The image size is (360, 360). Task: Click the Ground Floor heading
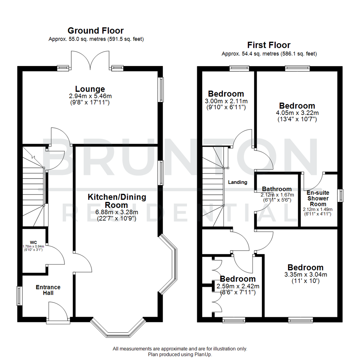point(96,31)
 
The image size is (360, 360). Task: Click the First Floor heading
point(269,45)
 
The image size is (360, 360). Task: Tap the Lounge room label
point(90,89)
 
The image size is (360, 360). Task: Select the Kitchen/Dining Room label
point(117,201)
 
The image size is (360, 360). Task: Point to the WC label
point(33,242)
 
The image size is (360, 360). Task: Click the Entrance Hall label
point(48,290)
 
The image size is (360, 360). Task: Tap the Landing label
point(237,182)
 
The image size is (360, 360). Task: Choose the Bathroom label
point(277,189)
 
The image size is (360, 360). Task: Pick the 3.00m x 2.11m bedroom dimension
point(226,101)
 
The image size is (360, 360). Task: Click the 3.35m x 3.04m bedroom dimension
point(306,275)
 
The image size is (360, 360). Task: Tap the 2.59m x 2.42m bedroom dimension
point(238,286)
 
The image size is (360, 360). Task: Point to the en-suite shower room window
point(340,195)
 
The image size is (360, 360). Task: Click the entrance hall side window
point(19,296)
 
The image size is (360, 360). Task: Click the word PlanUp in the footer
point(204,355)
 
